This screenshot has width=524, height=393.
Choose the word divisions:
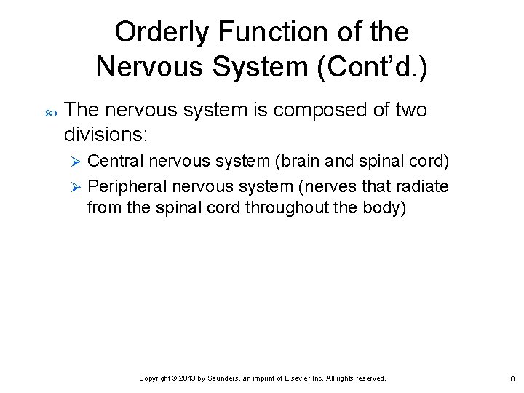(106, 135)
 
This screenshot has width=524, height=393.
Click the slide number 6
(512, 378)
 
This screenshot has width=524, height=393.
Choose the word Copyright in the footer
(155, 378)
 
